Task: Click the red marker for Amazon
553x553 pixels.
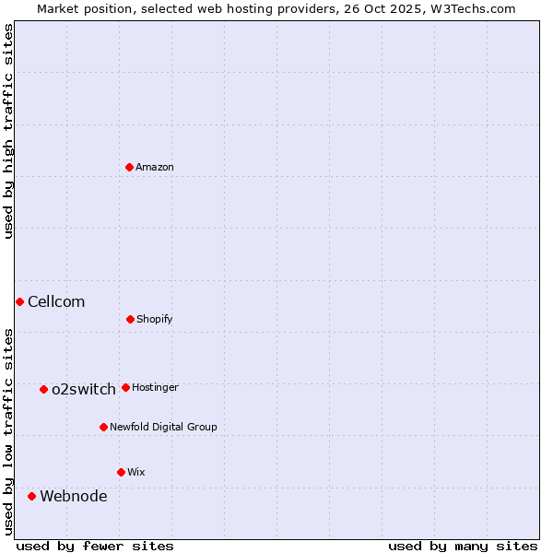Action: (x=130, y=167)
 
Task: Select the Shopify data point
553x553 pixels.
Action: (x=130, y=319)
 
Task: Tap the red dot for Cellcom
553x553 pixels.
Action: (x=19, y=301)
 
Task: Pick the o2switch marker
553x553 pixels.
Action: (x=43, y=389)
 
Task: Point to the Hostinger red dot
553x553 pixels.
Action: (x=125, y=387)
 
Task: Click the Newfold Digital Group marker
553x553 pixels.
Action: (x=103, y=427)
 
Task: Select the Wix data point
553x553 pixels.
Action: (x=121, y=472)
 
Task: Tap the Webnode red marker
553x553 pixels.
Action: (x=31, y=496)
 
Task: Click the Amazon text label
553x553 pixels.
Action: (x=155, y=167)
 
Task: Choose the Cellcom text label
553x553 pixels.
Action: (x=56, y=301)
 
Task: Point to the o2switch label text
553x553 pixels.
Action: (x=84, y=389)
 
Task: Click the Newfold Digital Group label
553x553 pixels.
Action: (x=163, y=427)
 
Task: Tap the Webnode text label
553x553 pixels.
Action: (x=74, y=496)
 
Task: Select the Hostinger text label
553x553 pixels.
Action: (x=155, y=387)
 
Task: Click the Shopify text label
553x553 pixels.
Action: (x=155, y=319)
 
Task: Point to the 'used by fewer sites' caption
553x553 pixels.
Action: (x=95, y=546)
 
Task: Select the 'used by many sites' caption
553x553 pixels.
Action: (x=463, y=546)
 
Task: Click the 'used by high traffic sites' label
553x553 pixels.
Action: (x=8, y=131)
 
